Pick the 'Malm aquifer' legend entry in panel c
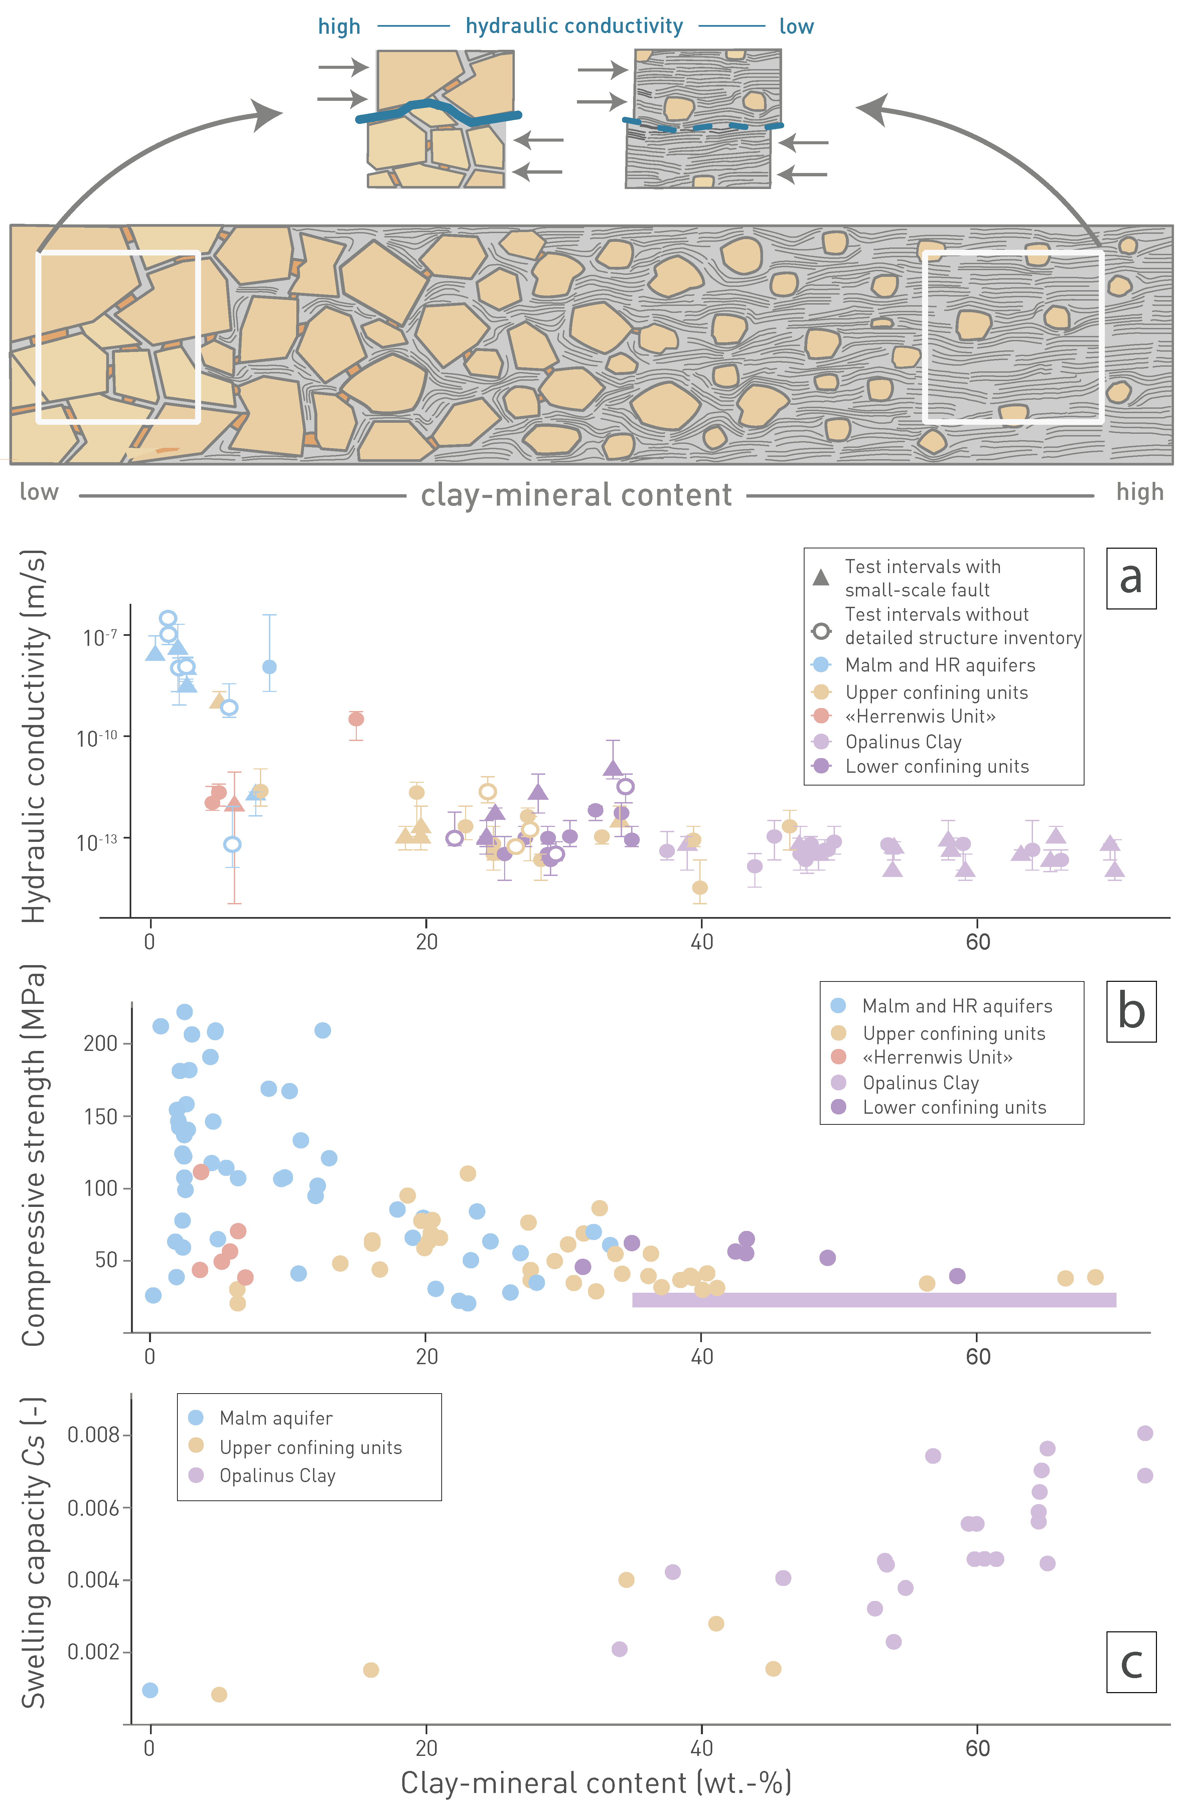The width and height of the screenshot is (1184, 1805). click(x=275, y=1418)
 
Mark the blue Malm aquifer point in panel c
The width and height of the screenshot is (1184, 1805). click(x=150, y=1690)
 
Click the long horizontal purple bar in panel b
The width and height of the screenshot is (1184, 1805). click(x=874, y=1300)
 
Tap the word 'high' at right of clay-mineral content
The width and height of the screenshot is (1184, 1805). click(x=1139, y=492)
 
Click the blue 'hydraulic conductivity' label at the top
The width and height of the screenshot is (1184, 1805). click(x=574, y=26)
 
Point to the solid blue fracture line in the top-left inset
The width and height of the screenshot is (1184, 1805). click(x=440, y=112)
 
